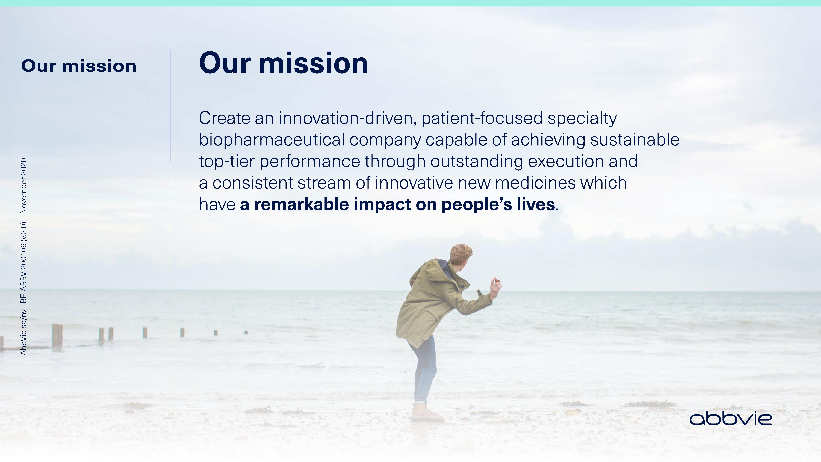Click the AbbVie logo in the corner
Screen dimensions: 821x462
(730, 419)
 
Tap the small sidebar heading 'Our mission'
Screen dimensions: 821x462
(79, 66)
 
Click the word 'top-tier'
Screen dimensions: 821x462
(227, 162)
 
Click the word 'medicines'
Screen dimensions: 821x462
(535, 183)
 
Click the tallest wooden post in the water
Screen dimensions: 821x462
(57, 337)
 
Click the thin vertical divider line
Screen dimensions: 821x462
(170, 238)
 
